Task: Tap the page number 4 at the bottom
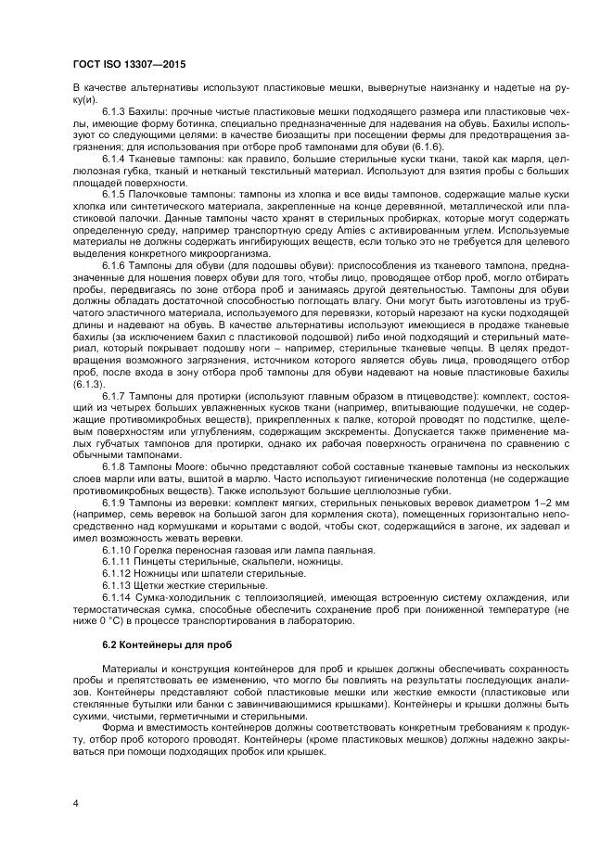(x=74, y=803)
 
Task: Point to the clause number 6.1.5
(x=117, y=194)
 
